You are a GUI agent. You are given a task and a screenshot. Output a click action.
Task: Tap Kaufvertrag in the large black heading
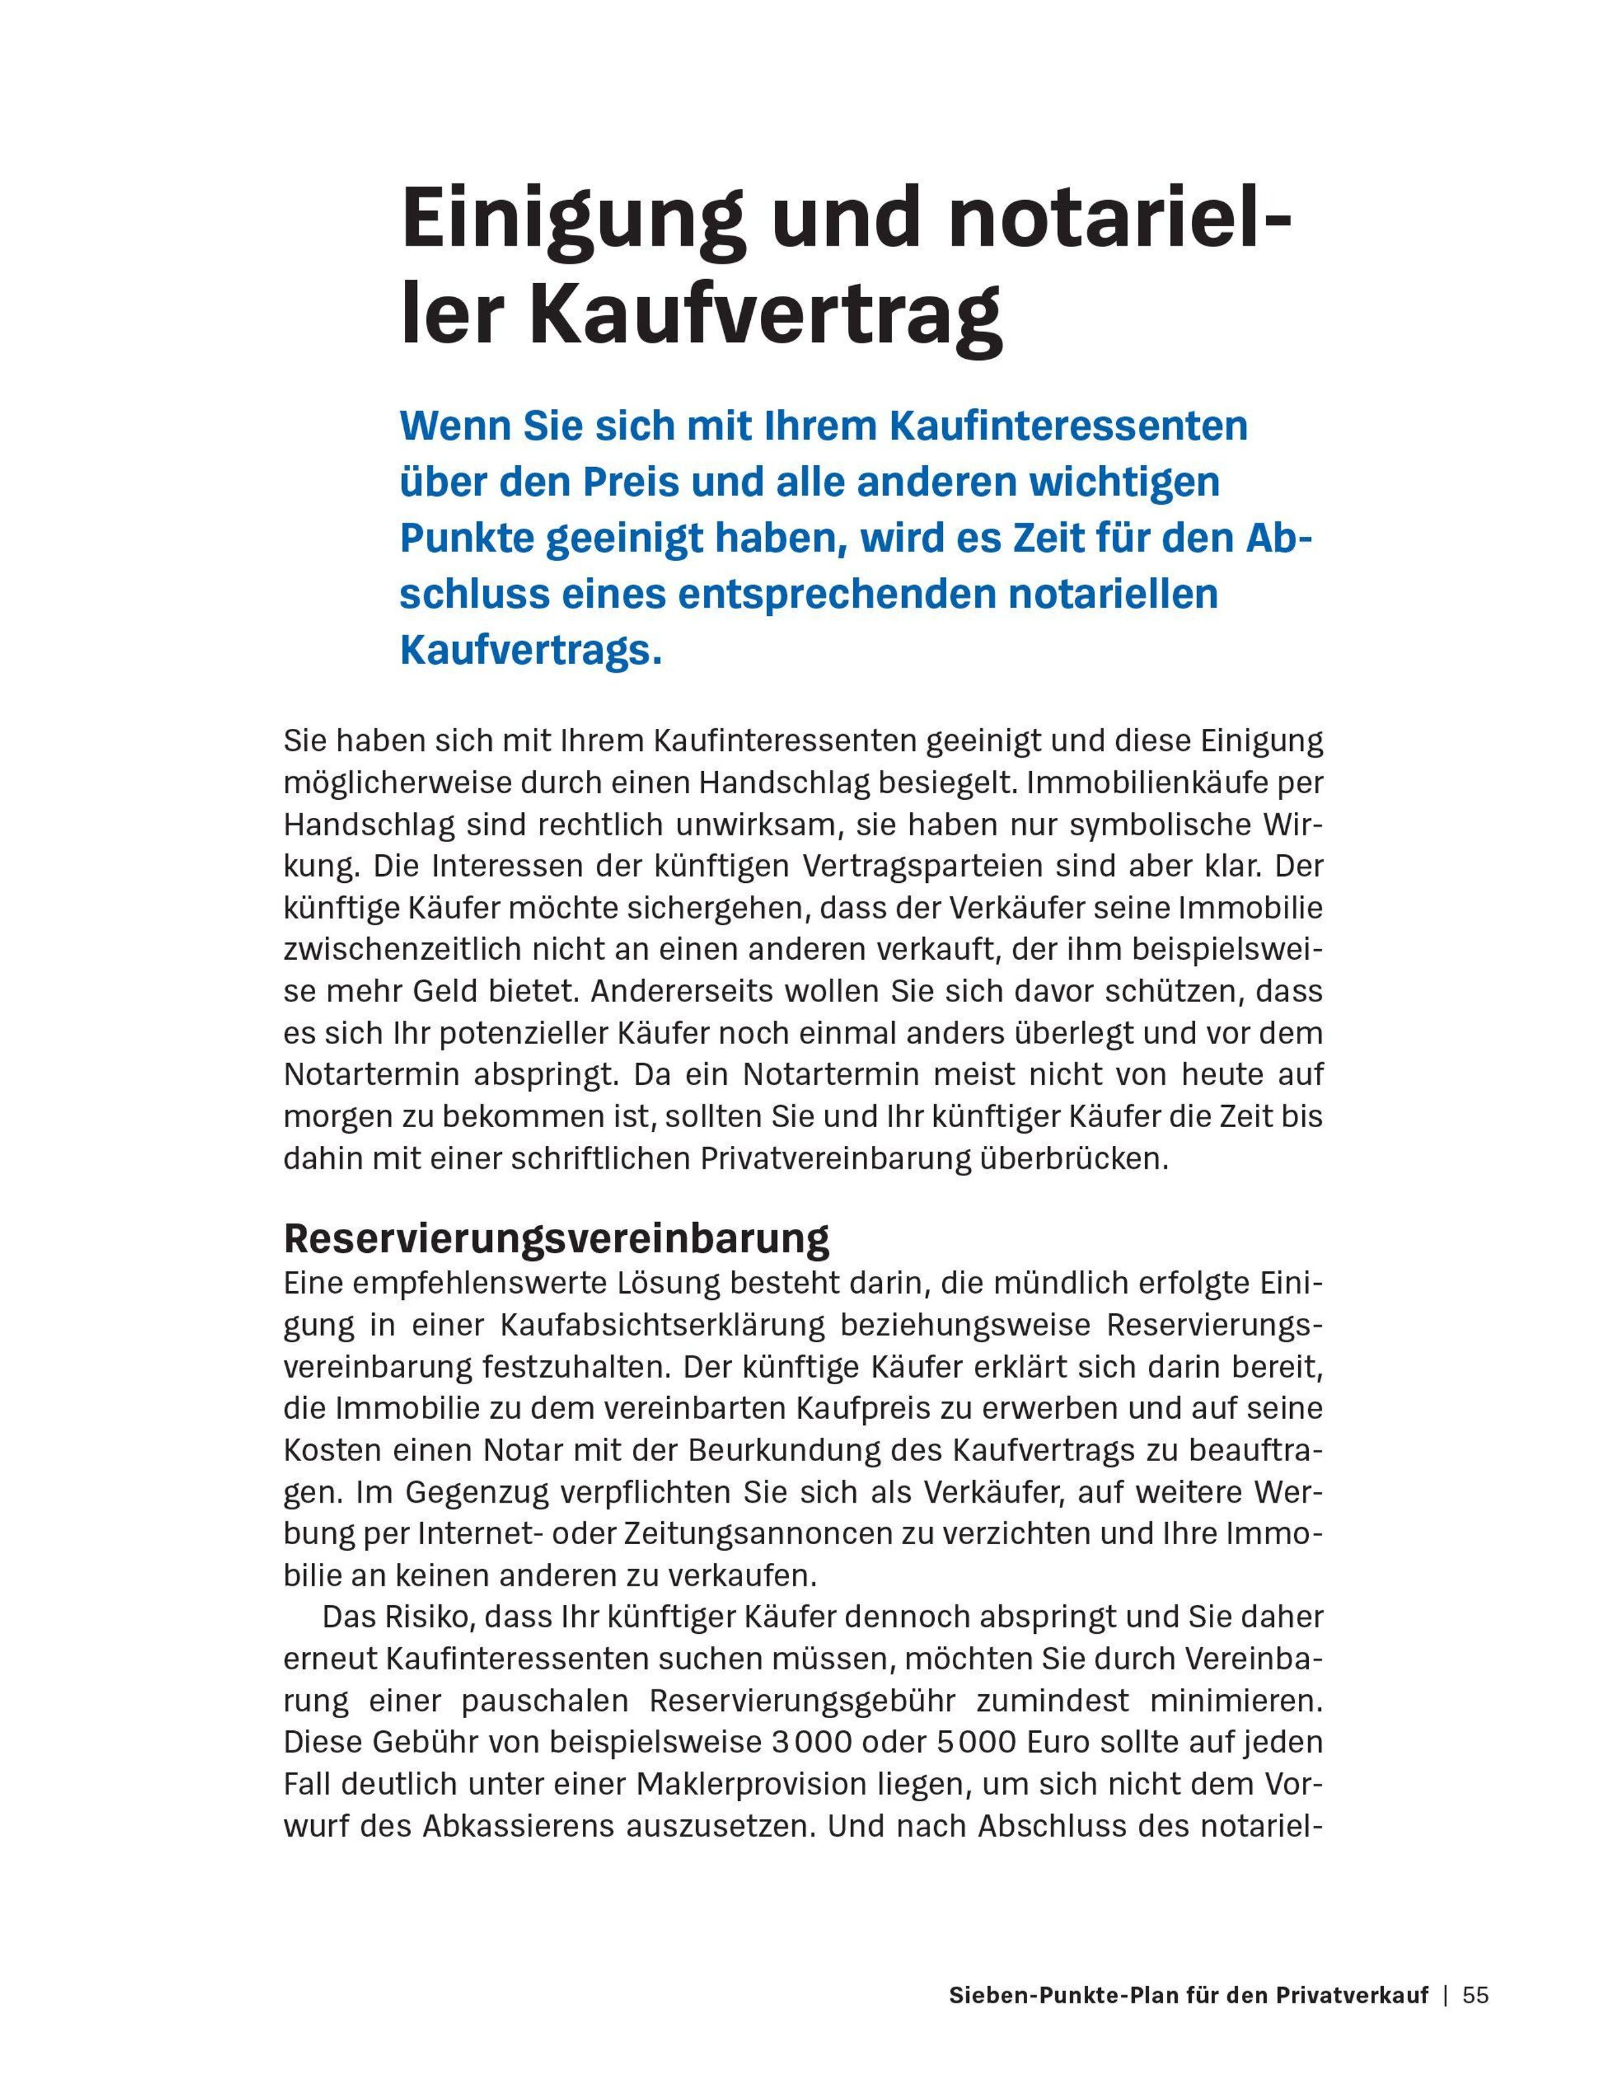click(x=766, y=315)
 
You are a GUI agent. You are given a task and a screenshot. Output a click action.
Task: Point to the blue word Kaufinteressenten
click(x=1068, y=426)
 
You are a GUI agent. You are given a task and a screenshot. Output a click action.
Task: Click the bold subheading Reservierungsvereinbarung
click(x=556, y=1238)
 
